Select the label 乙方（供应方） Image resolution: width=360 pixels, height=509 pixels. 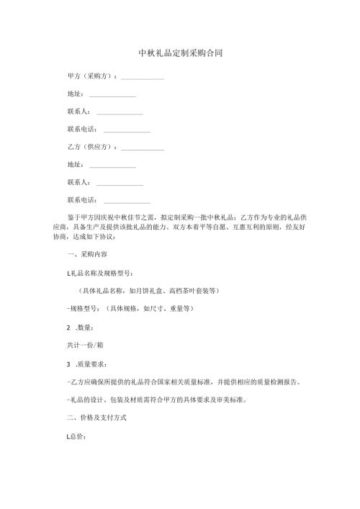90,147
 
